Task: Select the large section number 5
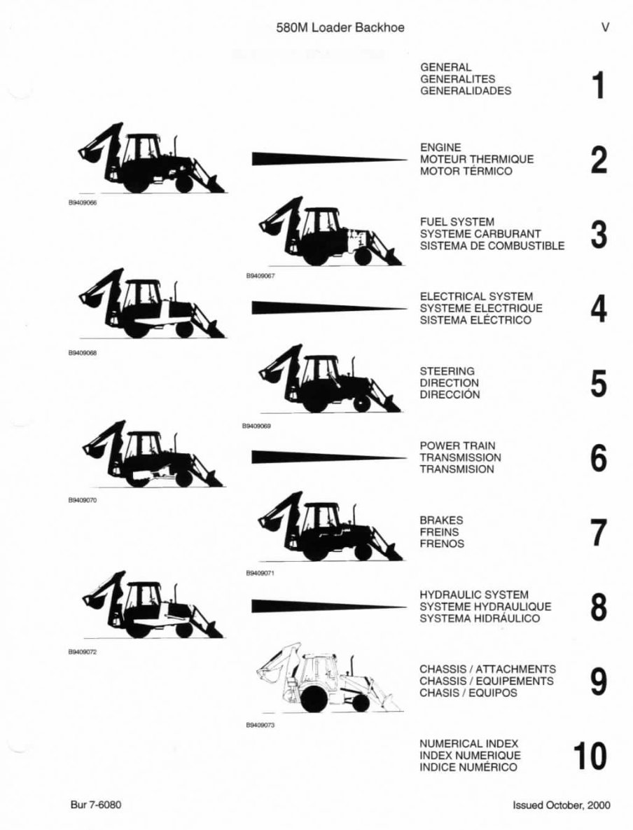598,384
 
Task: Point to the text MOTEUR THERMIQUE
476,159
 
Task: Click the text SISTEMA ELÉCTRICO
475,320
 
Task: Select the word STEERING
447,371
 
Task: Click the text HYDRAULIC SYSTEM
474,595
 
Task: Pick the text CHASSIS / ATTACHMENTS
487,669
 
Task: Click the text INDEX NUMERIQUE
470,756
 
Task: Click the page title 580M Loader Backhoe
340,27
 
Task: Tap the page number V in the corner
604,27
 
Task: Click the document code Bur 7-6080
96,805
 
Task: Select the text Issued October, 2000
561,805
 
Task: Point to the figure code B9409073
260,726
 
